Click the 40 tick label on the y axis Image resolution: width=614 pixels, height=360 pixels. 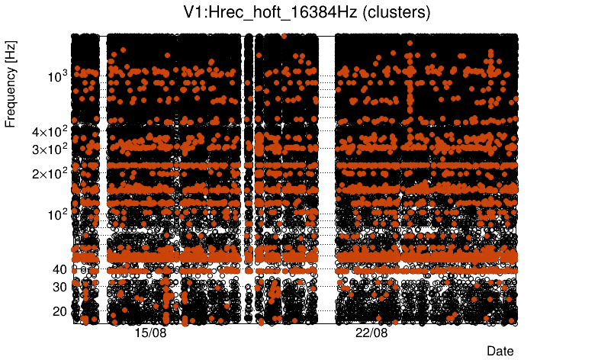tap(60, 269)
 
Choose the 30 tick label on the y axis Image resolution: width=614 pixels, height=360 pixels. tap(60, 287)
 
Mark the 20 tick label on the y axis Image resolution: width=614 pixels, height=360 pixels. tap(60, 311)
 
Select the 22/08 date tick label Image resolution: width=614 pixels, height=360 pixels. tap(371, 333)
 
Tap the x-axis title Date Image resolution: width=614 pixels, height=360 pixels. tap(500, 351)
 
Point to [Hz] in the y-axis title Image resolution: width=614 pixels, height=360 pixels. tap(11, 52)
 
